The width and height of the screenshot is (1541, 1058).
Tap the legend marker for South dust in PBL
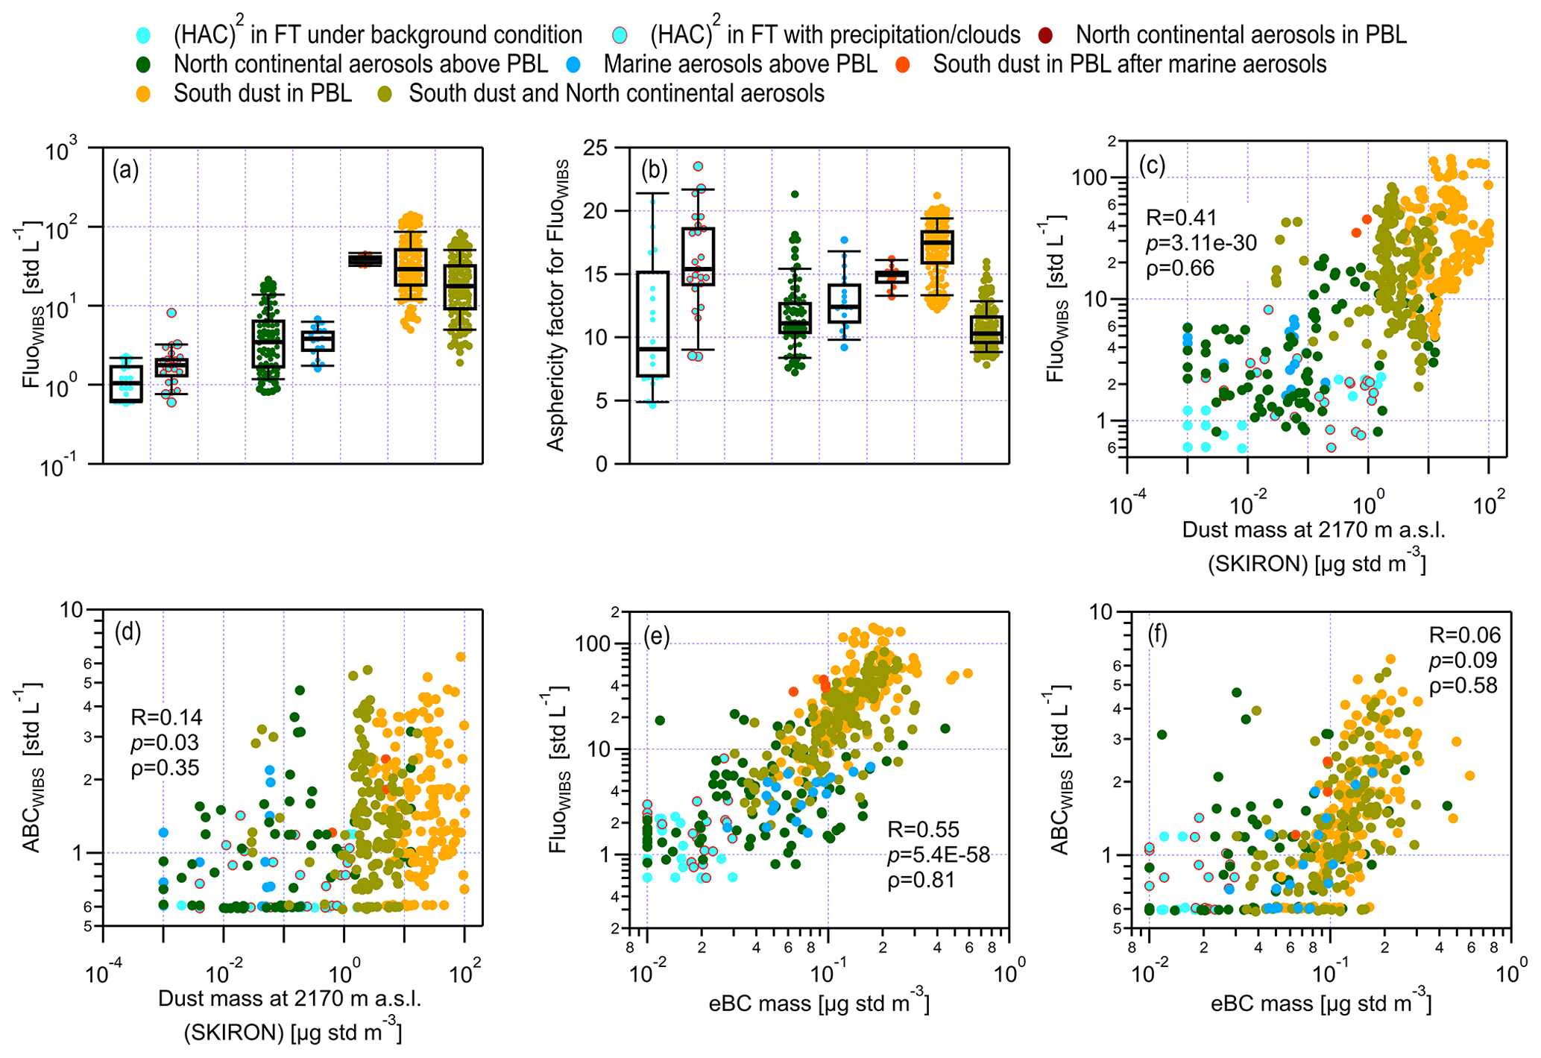coord(144,94)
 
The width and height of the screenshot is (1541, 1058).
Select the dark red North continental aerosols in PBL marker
coord(1046,35)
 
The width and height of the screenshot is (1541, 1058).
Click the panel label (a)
coord(125,171)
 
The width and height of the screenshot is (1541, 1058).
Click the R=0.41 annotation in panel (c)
coord(1181,218)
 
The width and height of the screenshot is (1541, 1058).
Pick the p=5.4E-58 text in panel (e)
coord(939,854)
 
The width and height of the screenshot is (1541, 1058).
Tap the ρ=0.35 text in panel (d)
coord(165,767)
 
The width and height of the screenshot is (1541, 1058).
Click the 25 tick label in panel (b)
coord(596,148)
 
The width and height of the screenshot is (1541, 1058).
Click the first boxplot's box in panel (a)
coord(126,384)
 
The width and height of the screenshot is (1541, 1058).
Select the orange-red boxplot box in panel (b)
coord(892,277)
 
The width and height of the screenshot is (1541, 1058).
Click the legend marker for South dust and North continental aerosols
coord(385,94)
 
